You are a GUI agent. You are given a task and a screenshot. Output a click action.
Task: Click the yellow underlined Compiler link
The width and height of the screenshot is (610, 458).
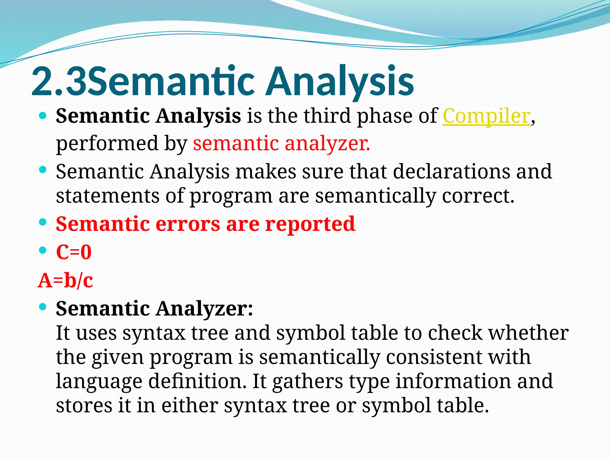[486, 116]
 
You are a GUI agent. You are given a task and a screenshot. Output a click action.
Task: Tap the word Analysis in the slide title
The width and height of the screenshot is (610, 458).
[340, 81]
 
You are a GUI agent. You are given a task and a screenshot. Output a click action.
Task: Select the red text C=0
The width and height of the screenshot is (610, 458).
[74, 252]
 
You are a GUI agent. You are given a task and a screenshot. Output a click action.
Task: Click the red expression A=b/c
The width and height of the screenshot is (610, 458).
[65, 281]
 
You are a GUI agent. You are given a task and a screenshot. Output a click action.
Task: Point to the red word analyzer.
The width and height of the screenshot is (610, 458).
[327, 143]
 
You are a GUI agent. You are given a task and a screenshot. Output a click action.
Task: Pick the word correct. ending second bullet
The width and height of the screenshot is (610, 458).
[478, 196]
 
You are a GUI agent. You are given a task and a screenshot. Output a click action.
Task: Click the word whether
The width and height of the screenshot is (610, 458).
[528, 333]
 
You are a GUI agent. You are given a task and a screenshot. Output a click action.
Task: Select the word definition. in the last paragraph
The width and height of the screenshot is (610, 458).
[197, 381]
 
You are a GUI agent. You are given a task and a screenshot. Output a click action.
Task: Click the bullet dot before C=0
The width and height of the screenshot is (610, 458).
[43, 250]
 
